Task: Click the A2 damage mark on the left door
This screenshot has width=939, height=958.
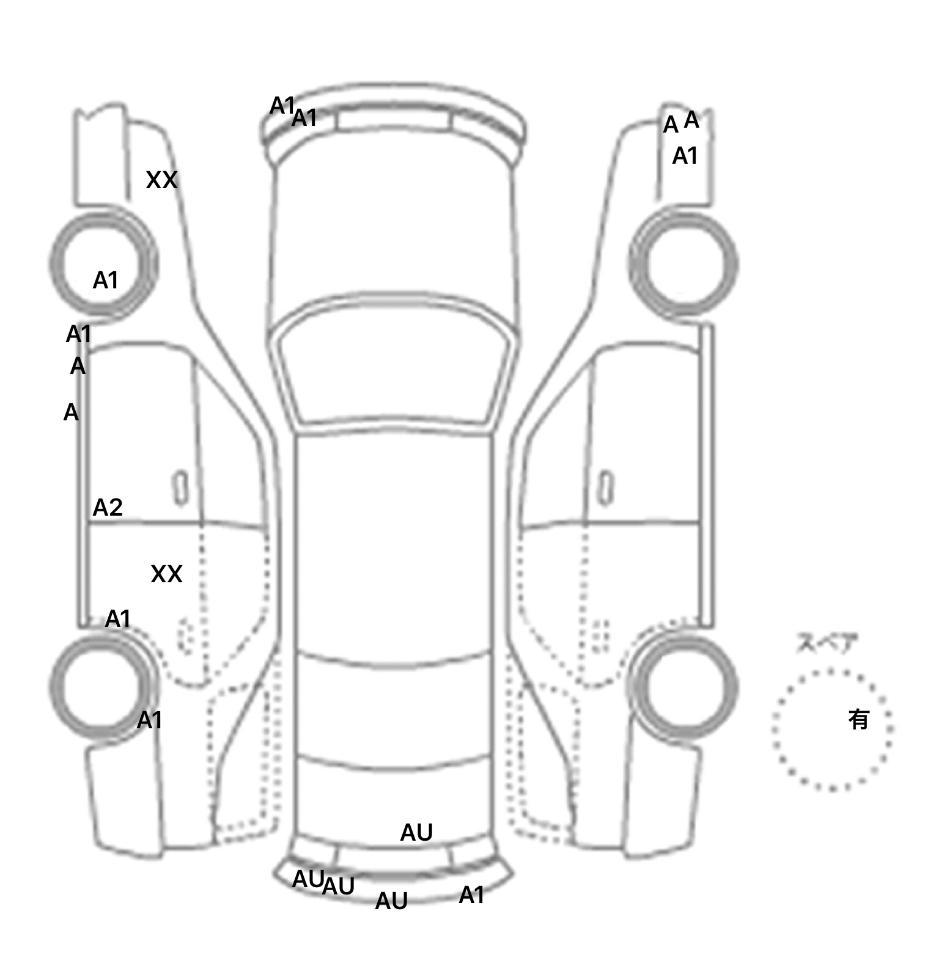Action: (x=108, y=508)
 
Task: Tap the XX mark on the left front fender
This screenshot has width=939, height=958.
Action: (x=161, y=180)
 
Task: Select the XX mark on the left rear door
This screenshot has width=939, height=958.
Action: (x=166, y=574)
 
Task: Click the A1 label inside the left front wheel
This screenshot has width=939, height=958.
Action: (x=105, y=281)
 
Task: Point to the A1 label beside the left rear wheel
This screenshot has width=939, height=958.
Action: (x=149, y=721)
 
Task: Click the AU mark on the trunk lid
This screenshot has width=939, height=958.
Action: (x=416, y=833)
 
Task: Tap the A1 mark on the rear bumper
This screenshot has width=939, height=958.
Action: (x=471, y=896)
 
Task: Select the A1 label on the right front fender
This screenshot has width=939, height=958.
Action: (x=685, y=157)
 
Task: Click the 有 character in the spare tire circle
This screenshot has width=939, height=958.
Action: (x=858, y=720)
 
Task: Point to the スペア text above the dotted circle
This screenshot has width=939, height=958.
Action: (x=827, y=643)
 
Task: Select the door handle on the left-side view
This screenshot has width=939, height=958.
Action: (x=180, y=488)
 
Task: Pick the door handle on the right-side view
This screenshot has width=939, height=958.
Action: (x=605, y=488)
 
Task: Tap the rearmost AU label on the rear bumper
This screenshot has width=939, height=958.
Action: (x=391, y=901)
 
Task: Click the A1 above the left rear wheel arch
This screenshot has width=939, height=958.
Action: (x=118, y=620)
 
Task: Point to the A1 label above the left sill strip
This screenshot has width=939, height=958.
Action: (x=78, y=335)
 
